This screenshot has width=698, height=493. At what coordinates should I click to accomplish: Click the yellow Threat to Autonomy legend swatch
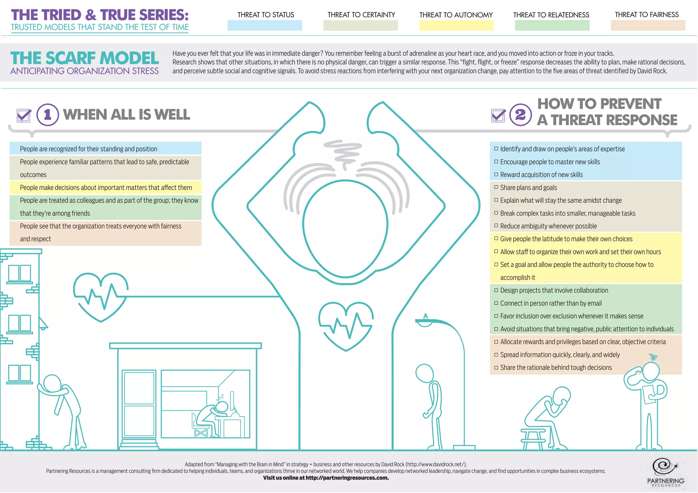[x=456, y=25]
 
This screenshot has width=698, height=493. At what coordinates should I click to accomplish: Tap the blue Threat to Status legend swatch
[x=264, y=25]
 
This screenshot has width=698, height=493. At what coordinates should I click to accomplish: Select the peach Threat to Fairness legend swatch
[x=648, y=25]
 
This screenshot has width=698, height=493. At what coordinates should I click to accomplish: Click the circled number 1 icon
[x=48, y=115]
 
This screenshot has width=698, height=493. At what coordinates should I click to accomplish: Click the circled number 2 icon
[x=520, y=115]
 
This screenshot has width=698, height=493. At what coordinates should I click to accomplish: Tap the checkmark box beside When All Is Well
[x=24, y=116]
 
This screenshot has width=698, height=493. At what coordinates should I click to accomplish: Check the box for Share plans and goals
[x=496, y=187]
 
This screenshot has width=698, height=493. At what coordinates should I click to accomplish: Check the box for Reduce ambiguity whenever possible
[x=496, y=226]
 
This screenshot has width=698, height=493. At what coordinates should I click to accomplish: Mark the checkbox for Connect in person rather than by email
[x=496, y=303]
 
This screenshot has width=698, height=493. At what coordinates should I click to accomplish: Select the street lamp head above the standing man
[x=425, y=321]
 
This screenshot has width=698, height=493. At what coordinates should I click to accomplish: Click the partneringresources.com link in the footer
[x=347, y=478]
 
